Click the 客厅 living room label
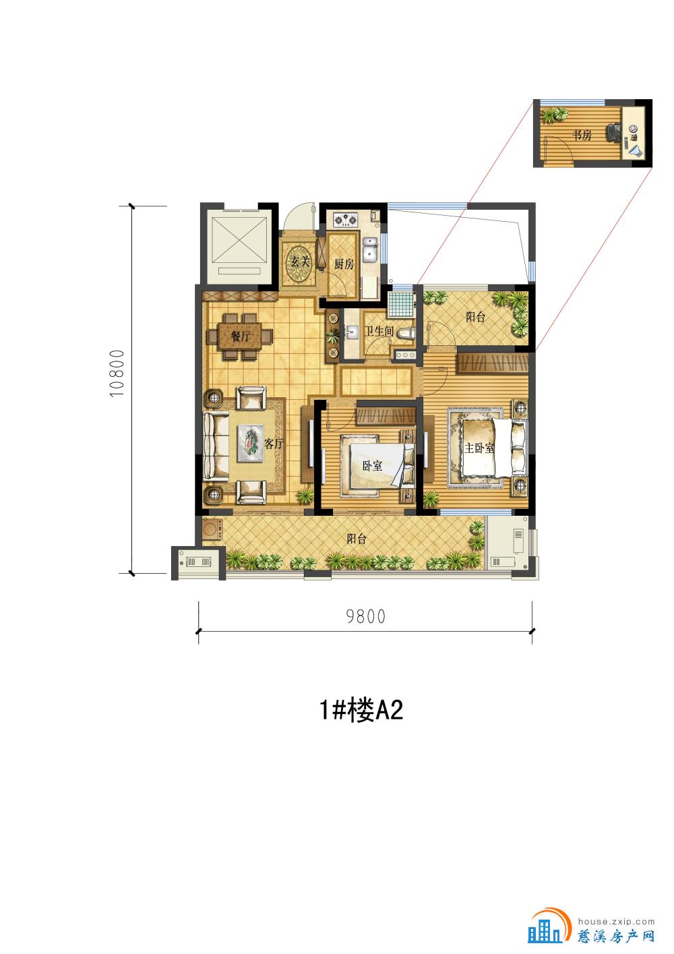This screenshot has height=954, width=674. tap(274, 444)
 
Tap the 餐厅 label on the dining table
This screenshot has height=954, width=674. tap(241, 336)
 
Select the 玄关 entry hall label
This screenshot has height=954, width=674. tap(300, 261)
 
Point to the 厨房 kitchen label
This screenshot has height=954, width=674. tap(344, 264)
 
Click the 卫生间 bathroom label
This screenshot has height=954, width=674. tap(379, 331)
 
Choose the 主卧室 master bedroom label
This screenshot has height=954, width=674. tap(479, 448)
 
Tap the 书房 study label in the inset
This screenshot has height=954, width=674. tap(582, 136)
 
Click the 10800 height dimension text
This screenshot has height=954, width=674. tap(117, 374)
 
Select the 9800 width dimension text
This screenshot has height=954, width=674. tap(366, 616)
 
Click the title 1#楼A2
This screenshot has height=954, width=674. tap(361, 711)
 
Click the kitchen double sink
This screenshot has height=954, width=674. tap(371, 250)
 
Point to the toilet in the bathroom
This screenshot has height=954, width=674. tap(406, 333)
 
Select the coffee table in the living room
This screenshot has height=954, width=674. tap(251, 443)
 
